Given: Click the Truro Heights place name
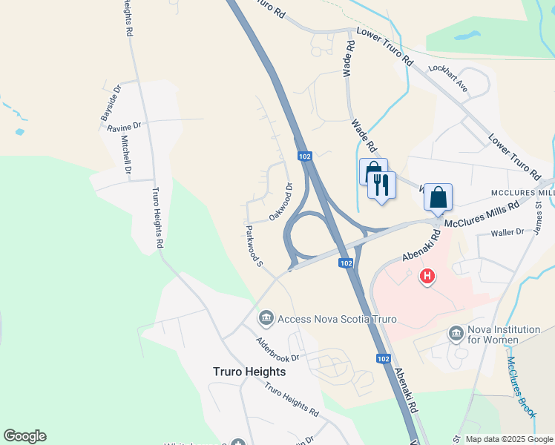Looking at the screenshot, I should [249, 372].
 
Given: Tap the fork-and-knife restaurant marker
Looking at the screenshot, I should [382, 185].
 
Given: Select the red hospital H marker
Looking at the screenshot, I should [427, 278].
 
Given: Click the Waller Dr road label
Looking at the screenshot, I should [508, 234].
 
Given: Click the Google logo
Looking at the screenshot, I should [24, 436].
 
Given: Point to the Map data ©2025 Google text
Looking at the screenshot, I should [509, 439].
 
